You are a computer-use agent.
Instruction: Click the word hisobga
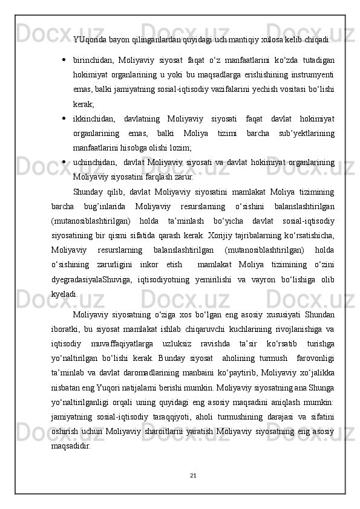pos(129,146)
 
